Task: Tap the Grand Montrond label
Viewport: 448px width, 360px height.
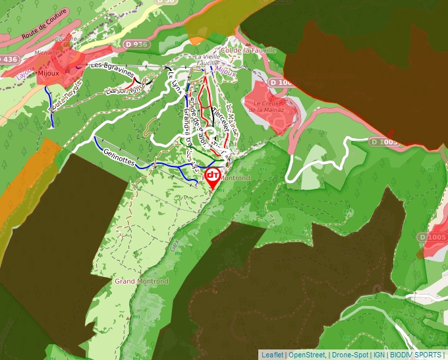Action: coord(142,281)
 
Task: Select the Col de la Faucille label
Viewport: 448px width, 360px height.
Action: coord(246,50)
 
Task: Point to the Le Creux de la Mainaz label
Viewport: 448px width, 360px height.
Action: coord(269,106)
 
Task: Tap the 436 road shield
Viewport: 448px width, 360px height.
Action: coord(9,59)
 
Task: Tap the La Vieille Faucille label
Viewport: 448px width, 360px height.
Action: coord(208,61)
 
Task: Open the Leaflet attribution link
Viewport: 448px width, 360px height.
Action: coord(272,355)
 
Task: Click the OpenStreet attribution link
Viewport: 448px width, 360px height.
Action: coord(307,355)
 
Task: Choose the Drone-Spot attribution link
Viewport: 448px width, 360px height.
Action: coord(350,355)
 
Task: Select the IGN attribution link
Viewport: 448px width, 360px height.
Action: coord(379,355)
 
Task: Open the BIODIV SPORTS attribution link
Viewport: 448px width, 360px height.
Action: coord(416,355)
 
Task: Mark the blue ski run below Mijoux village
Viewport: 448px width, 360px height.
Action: coord(51,105)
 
